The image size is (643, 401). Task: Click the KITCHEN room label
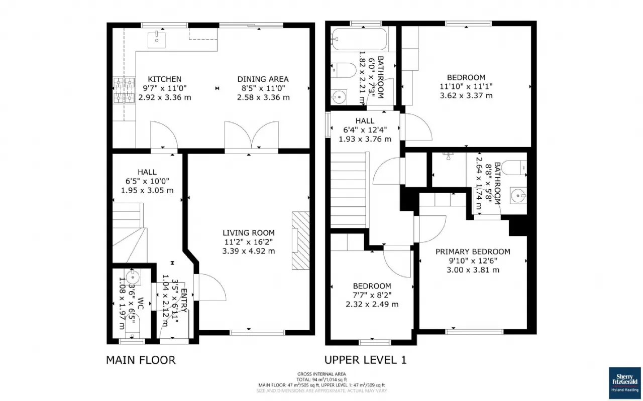click(x=164, y=79)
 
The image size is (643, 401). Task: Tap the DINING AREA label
click(x=263, y=79)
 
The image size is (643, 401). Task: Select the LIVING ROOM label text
click(x=249, y=233)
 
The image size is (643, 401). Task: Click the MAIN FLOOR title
click(x=141, y=360)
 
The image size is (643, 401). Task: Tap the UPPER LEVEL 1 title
click(x=365, y=360)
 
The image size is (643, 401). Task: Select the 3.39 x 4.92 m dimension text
click(x=249, y=251)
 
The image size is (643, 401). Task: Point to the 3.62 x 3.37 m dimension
click(x=466, y=95)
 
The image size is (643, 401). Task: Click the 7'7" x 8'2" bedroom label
click(x=372, y=295)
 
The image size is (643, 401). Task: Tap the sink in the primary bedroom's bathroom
click(x=516, y=194)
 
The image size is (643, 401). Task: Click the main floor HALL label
click(x=147, y=172)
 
